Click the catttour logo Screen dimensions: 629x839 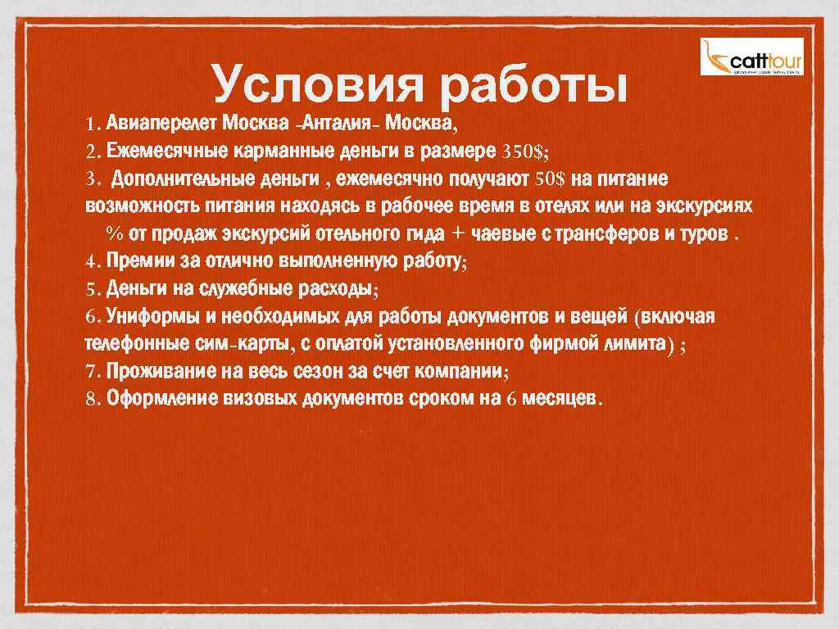pos(752,57)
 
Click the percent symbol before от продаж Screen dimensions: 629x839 pos(114,234)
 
